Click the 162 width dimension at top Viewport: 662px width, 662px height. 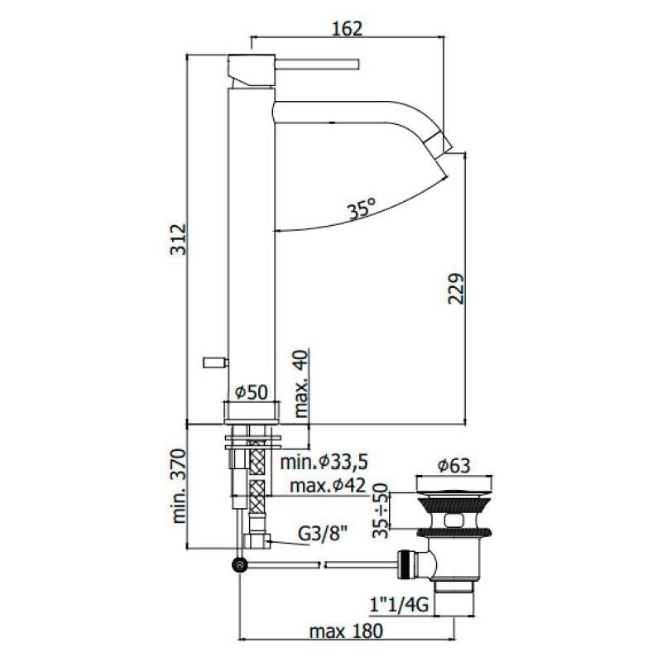[x=348, y=29]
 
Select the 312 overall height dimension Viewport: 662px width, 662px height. [x=178, y=239]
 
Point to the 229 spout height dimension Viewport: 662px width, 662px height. [x=456, y=289]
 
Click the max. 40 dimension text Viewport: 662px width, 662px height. [x=301, y=383]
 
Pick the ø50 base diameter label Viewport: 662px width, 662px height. [x=252, y=392]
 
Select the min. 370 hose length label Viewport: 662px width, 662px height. [x=178, y=486]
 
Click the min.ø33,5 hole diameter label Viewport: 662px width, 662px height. [x=324, y=463]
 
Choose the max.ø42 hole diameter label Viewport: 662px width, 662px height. [x=328, y=486]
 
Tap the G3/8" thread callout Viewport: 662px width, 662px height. [x=323, y=534]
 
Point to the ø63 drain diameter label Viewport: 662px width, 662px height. [x=453, y=466]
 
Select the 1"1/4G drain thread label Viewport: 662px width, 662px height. [x=400, y=605]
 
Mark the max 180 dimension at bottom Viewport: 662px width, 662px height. [x=346, y=631]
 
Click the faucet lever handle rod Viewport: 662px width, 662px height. [x=317, y=64]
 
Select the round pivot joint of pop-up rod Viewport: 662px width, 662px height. [x=240, y=565]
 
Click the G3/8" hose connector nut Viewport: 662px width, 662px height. [x=257, y=540]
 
